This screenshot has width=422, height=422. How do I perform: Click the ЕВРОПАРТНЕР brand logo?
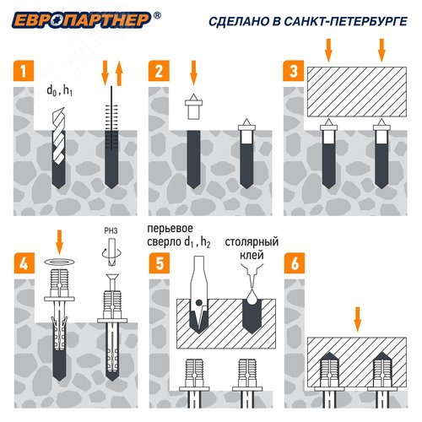coord(82,20)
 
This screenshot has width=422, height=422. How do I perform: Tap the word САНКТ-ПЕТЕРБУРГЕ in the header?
coord(346,21)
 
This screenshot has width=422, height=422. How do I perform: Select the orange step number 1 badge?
coord(24,71)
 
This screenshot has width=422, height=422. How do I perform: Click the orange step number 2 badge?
coord(159,71)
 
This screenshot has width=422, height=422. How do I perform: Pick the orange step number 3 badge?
coord(294,71)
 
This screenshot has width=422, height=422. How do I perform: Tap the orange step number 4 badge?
coord(24,263)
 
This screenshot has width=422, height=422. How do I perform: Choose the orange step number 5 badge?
coord(160,263)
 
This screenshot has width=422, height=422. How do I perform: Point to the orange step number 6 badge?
coord(295,263)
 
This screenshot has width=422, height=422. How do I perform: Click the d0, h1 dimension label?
coord(59,91)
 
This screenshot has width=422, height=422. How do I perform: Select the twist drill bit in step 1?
coord(59,136)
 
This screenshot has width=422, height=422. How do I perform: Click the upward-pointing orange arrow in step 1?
coord(119,73)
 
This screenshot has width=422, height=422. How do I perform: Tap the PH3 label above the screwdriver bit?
coord(111,231)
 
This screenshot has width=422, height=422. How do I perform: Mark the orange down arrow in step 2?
coord(193,73)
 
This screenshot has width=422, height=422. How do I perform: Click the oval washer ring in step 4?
coord(60,262)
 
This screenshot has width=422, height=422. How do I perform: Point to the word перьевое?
coord(170,229)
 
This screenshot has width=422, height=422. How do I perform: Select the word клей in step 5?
coord(252,255)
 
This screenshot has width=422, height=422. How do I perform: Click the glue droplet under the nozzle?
coord(252,296)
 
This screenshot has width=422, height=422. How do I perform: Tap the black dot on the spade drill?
coord(198,303)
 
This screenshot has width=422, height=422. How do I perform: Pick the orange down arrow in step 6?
coord(357,319)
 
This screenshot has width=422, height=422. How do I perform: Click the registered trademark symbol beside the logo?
coord(158,15)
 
